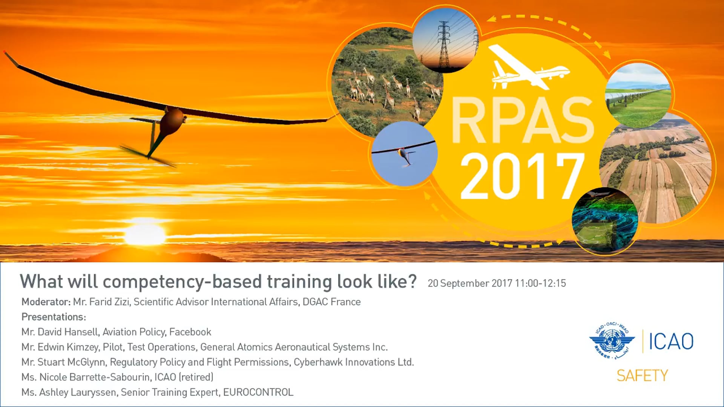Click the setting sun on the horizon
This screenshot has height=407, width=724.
(x=145, y=234)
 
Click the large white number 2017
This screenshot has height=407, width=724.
(x=522, y=176)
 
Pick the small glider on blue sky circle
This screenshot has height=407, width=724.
(x=404, y=154)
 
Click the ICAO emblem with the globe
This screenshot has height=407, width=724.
(x=612, y=341)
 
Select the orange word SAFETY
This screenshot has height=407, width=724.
(x=642, y=376)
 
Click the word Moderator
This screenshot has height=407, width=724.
(x=46, y=302)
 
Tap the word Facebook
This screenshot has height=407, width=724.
(x=190, y=332)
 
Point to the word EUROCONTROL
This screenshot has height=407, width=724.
(x=258, y=392)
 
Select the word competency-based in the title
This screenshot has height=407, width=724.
(x=182, y=282)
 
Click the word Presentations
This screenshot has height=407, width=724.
(x=54, y=317)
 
